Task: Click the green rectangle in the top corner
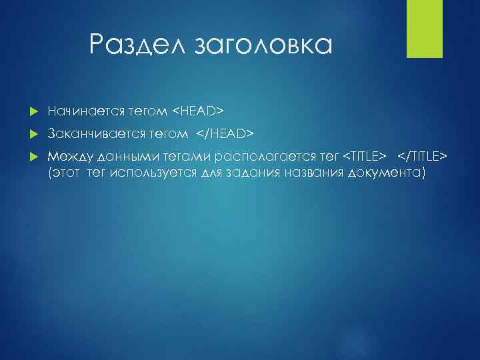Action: point(421,29)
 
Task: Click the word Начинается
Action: point(85,109)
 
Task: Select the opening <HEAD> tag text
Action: point(199,109)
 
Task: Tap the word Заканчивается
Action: point(92,135)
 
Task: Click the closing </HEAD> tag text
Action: point(225,135)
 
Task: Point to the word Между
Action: point(71,156)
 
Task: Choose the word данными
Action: point(124,156)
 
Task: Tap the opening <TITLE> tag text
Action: point(364,156)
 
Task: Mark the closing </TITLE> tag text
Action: point(423,156)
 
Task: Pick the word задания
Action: point(247,173)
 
